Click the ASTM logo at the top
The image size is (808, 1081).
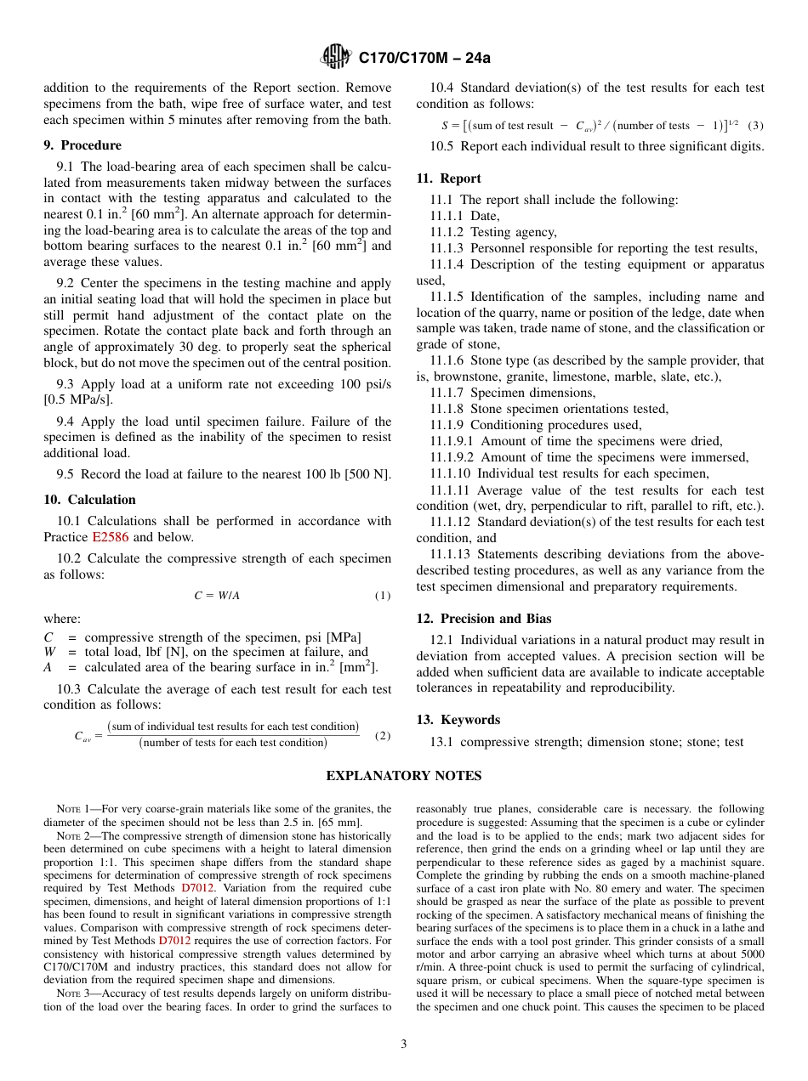coord(336,58)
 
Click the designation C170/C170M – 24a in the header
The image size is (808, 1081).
coord(424,59)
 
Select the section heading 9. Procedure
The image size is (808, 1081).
coord(83,145)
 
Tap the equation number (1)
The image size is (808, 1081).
coord(383,596)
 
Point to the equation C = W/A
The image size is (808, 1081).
coord(217,596)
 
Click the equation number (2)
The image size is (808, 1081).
coord(383,735)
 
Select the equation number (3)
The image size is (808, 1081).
coord(755,125)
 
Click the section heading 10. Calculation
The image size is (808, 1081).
coord(89,500)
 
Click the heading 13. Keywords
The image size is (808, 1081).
coord(458,720)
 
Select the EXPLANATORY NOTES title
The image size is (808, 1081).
coord(404,776)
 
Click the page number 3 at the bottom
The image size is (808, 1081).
coord(404,1044)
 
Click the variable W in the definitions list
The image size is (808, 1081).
coord(49,653)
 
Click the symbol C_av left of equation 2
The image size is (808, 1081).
coord(83,737)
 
